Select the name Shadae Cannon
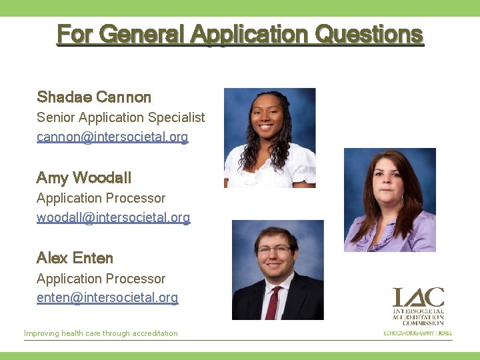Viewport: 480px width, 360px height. (94, 97)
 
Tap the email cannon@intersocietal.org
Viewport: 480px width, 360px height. (112, 137)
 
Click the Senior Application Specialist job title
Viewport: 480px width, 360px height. (121, 117)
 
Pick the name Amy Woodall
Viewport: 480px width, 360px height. (84, 178)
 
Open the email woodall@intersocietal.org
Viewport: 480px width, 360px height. (113, 217)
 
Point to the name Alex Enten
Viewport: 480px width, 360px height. (75, 258)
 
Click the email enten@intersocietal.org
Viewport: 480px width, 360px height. (107, 298)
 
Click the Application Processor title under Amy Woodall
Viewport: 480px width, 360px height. (101, 198)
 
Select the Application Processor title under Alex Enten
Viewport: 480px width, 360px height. (101, 279)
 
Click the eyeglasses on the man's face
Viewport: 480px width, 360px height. (275, 249)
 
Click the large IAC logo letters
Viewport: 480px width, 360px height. (418, 297)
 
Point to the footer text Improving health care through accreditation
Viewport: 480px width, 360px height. (101, 333)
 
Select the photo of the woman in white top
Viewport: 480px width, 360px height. (269, 137)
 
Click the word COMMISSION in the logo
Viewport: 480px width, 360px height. (418, 323)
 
